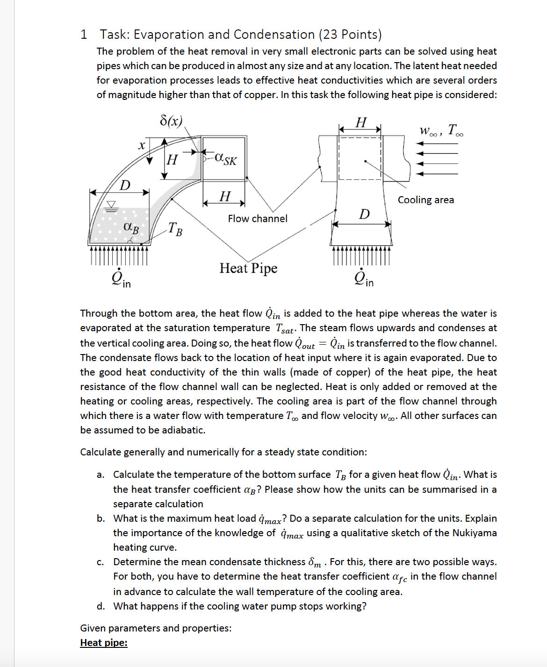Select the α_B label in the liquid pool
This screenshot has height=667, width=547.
pyautogui.click(x=131, y=227)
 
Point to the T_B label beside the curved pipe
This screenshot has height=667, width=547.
pyautogui.click(x=175, y=228)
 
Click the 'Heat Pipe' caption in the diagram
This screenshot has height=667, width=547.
pyautogui.click(x=248, y=268)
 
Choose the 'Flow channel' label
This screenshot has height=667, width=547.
pyautogui.click(x=258, y=219)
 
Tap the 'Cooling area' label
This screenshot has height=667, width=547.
pyautogui.click(x=425, y=200)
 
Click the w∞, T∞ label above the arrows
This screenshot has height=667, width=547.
pyautogui.click(x=441, y=130)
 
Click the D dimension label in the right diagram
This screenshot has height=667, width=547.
pyautogui.click(x=364, y=214)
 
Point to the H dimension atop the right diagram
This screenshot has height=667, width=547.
pyautogui.click(x=361, y=122)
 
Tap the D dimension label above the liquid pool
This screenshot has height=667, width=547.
pyautogui.click(x=125, y=185)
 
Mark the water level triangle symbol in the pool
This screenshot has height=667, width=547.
pyautogui.click(x=111, y=205)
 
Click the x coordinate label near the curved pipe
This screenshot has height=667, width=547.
pyautogui.click(x=142, y=145)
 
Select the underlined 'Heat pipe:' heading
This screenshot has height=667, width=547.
pyautogui.click(x=104, y=643)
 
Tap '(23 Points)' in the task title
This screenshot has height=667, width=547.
pyautogui.click(x=350, y=35)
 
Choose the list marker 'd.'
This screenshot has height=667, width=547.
pyautogui.click(x=101, y=606)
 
